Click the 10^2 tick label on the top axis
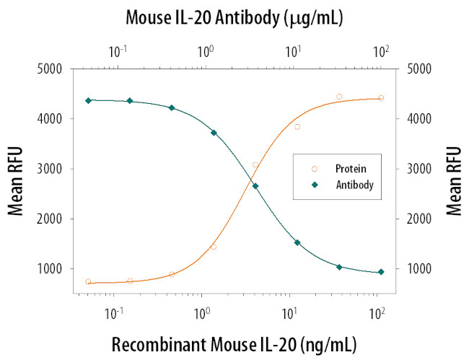coord(382,51)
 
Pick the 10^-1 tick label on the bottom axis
coord(114,314)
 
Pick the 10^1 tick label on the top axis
coord(294,51)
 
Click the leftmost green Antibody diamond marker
coord(88,100)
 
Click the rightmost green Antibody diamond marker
coord(381,272)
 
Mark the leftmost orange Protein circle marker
coord(88,282)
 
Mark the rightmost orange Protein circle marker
coord(381,98)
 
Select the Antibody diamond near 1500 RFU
coord(297,242)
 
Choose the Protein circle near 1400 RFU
coord(214,247)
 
